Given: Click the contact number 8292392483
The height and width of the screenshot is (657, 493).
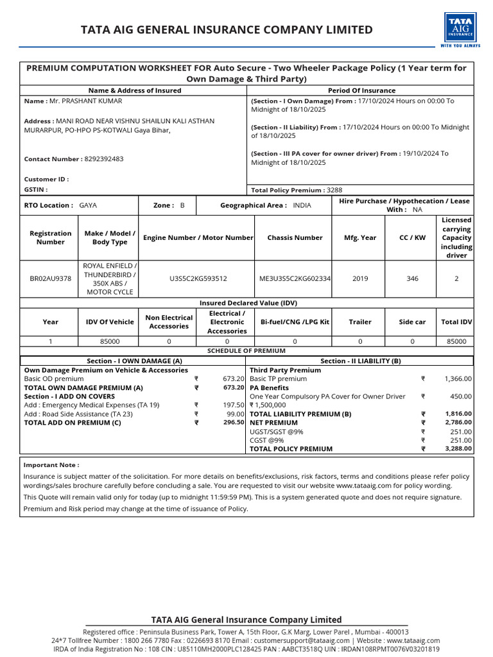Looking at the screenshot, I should [x=103, y=159].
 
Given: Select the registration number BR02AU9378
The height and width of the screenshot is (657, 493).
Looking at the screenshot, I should [x=51, y=279].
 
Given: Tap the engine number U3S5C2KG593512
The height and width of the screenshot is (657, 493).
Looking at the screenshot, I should [x=198, y=279].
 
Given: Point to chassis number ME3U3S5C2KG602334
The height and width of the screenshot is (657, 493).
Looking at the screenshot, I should [x=295, y=279].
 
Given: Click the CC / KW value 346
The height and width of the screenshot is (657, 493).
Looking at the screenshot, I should [x=412, y=279].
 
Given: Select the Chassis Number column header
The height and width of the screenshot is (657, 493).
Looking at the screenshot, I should [x=295, y=238].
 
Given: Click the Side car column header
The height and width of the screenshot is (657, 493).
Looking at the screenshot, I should [x=412, y=322].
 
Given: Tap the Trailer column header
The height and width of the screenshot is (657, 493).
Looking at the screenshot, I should [x=360, y=322].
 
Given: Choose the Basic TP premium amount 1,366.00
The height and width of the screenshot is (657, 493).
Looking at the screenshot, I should [x=458, y=379].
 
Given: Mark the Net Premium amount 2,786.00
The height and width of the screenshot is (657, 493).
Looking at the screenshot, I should [x=458, y=423].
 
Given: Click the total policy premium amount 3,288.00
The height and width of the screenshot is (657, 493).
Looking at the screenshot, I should [x=458, y=449].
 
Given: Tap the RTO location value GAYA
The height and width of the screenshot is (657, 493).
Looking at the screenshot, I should [x=88, y=205].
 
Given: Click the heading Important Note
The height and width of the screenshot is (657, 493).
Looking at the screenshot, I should [x=51, y=465].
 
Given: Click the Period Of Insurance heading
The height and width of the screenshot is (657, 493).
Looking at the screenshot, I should [x=361, y=90].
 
